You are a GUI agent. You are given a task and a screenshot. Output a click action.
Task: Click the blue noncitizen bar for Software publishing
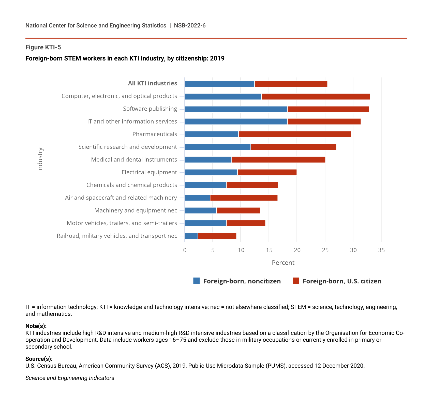[236, 109]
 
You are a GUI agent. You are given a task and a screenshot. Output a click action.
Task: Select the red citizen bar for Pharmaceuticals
[295, 134]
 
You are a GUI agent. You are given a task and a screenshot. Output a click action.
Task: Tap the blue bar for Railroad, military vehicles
[191, 236]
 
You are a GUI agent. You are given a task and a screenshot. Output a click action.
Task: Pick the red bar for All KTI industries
[291, 84]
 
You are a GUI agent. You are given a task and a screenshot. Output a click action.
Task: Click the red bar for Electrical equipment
[267, 172]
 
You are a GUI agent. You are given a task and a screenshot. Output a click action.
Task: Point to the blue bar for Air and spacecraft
[197, 198]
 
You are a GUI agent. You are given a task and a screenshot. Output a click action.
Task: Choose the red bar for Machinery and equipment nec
[238, 210]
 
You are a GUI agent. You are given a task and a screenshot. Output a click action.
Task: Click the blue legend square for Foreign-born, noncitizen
[197, 281]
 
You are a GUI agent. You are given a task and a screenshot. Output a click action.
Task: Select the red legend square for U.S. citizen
[296, 281]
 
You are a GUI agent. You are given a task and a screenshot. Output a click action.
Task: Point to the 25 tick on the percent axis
[325, 250]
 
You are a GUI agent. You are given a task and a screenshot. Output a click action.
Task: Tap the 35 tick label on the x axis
[381, 250]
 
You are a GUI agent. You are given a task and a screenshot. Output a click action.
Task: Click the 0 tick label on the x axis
[185, 250]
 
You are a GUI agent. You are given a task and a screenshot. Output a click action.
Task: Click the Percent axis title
[283, 263]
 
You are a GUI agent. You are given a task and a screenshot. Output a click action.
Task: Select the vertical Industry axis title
[40, 160]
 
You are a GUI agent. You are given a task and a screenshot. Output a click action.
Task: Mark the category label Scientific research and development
[128, 147]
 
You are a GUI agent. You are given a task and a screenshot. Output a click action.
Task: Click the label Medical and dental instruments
[134, 160]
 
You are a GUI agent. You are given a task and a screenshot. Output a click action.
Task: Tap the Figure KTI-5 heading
[43, 48]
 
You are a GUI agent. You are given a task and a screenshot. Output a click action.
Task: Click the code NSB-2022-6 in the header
[190, 26]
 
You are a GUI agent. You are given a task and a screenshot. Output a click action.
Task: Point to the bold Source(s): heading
[39, 359]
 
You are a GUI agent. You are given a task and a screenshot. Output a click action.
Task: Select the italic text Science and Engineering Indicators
[70, 378]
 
